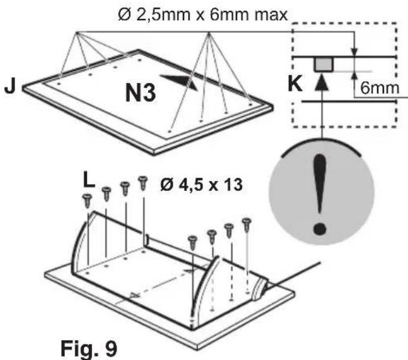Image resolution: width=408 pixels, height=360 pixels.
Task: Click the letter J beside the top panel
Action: [x=10, y=86]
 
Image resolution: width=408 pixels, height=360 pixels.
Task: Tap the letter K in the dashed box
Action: [x=295, y=84]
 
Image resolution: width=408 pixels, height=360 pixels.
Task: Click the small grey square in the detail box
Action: [x=324, y=64]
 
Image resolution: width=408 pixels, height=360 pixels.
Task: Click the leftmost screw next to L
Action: [x=88, y=200]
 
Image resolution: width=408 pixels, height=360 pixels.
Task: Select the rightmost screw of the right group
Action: [x=246, y=224]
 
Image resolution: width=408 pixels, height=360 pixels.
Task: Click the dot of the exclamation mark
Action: [x=322, y=228]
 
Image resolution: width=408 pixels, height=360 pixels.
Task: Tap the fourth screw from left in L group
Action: [x=143, y=181]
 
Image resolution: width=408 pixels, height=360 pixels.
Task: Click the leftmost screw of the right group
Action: [x=193, y=242]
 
